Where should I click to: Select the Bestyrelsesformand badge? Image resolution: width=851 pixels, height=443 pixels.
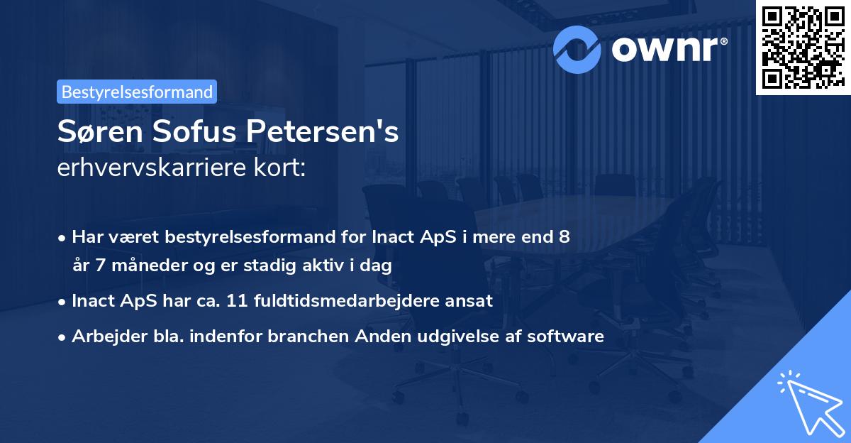(x=137, y=92)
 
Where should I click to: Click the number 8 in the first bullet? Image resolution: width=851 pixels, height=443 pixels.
(x=564, y=236)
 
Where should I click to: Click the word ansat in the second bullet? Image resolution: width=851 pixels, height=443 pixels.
(x=467, y=300)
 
